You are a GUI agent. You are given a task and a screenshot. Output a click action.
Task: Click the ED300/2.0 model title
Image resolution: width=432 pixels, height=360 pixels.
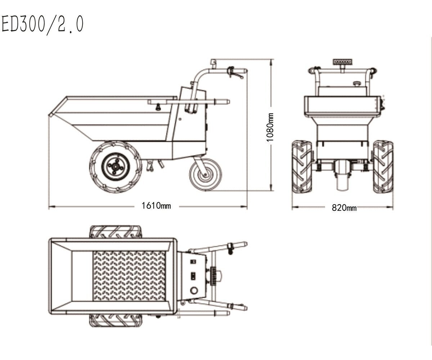[x=42, y=24]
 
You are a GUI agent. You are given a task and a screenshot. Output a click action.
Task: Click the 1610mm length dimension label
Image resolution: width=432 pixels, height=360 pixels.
[x=156, y=206]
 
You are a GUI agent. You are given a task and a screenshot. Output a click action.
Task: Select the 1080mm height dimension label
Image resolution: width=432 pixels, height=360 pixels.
[x=270, y=127]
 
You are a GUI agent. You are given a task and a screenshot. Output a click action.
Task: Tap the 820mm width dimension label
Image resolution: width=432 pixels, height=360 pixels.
[x=344, y=207]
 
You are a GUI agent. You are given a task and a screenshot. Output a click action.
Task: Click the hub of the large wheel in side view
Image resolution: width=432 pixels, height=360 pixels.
[x=116, y=166]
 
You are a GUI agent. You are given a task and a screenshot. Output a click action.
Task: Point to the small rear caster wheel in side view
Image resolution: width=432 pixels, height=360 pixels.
[x=206, y=174]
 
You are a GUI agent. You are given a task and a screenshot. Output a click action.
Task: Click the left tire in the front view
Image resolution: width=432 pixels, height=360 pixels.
[x=302, y=167]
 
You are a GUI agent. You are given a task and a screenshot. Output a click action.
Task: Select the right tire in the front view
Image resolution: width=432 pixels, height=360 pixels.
[x=383, y=167]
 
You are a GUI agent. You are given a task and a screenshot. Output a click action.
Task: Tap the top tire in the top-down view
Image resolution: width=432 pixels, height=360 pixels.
[x=116, y=232]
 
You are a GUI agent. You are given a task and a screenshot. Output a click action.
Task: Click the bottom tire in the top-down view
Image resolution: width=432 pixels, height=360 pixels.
[x=116, y=320]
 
